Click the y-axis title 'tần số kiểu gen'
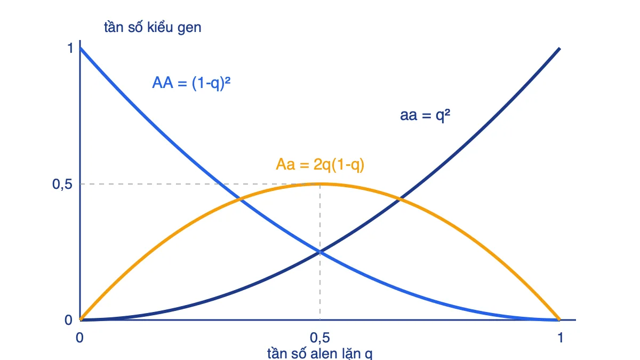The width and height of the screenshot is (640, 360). click(x=153, y=28)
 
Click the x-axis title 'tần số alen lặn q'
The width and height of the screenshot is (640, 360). click(x=319, y=354)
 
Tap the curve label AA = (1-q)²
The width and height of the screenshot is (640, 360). click(x=191, y=83)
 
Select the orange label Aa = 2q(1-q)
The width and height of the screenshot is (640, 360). click(x=320, y=165)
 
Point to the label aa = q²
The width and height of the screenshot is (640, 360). click(x=425, y=115)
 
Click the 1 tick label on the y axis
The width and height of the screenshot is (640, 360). click(x=70, y=48)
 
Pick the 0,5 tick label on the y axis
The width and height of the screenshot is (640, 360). click(x=62, y=185)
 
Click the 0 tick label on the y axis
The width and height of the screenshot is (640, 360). click(x=68, y=320)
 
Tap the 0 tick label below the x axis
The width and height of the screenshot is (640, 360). click(x=79, y=338)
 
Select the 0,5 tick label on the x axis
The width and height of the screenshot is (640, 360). click(x=319, y=338)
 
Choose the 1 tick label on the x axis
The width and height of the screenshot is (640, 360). click(x=560, y=338)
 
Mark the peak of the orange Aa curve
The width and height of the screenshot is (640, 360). click(x=320, y=184)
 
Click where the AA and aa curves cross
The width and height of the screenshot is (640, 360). click(x=320, y=252)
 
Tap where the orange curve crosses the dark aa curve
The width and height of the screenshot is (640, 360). click(x=399, y=199)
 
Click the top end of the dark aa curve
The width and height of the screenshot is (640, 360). click(x=559, y=49)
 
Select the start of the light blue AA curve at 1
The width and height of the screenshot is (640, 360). click(x=81, y=48)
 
